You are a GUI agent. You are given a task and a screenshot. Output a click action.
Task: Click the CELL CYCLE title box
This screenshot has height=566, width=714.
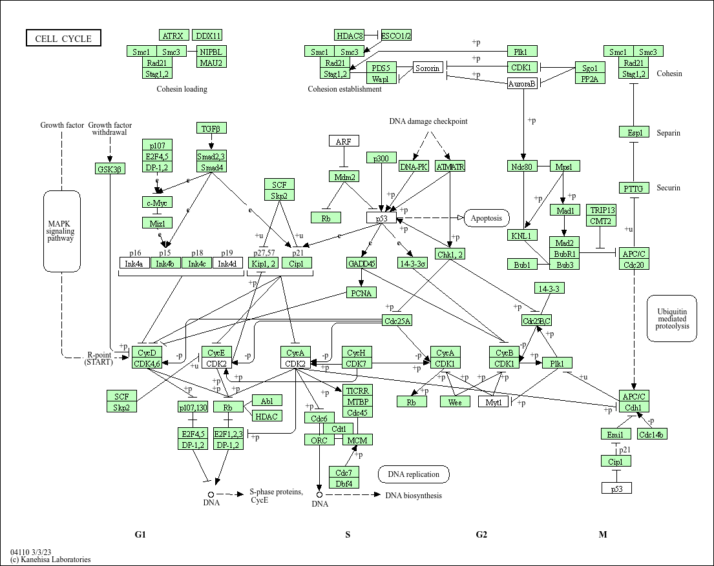coord(63,39)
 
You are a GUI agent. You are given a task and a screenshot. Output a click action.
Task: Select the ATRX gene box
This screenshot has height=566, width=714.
coord(173,35)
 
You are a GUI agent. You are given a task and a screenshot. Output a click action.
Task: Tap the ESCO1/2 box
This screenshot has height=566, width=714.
coord(396,35)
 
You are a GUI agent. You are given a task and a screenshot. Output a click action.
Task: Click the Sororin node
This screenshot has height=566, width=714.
coord(428,68)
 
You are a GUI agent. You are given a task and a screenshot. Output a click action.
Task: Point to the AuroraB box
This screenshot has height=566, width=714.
coord(522,84)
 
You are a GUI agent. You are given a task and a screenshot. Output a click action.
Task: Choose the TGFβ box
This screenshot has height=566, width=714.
coord(211,128)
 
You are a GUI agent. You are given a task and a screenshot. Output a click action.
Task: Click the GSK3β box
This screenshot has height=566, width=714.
coord(109,168)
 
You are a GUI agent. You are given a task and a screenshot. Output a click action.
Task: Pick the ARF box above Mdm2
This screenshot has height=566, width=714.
coord(343,141)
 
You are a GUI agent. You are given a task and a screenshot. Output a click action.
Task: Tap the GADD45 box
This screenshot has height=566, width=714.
coord(362,263)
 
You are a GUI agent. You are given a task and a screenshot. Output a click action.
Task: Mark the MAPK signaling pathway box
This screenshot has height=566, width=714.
coord(61,230)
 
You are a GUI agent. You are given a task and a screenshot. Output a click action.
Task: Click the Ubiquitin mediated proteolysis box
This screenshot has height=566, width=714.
coord(672,318)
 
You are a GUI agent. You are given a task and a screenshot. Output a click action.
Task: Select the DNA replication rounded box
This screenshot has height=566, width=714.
coord(414,474)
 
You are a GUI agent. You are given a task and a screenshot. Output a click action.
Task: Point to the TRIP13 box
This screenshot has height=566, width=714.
coord(602,210)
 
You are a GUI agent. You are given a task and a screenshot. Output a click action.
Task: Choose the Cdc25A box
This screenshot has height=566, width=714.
coord(397,321)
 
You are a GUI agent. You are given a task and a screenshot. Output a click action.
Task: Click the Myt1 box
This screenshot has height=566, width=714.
coord(494,402)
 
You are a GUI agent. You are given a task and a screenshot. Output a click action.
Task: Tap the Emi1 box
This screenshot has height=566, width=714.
coord(615,434)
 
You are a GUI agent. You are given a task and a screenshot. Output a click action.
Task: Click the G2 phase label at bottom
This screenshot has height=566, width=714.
coord(481,534)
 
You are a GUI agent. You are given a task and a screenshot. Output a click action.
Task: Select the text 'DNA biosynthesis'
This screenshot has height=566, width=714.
coord(414,496)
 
